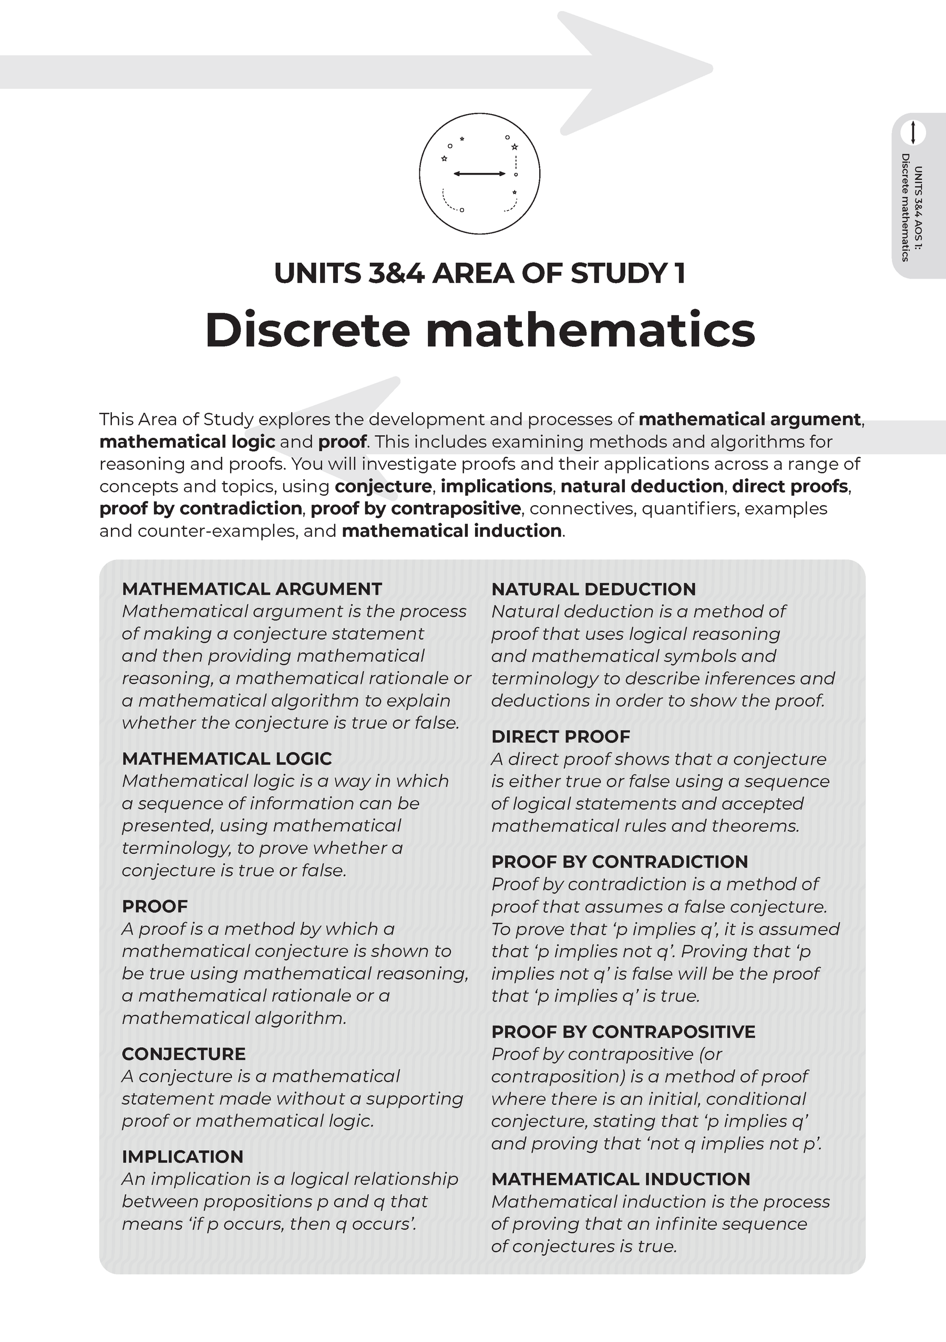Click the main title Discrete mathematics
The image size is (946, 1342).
[480, 330]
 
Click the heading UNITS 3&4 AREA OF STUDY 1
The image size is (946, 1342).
[480, 273]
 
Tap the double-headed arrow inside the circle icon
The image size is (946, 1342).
[479, 173]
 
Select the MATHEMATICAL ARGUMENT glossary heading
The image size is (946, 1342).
[252, 589]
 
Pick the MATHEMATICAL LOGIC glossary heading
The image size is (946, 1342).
[227, 758]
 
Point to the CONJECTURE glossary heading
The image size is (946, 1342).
[183, 1054]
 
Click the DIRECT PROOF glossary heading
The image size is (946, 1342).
[561, 736]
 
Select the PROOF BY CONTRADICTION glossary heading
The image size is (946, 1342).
[620, 862]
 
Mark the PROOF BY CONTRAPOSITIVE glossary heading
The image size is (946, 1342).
[623, 1032]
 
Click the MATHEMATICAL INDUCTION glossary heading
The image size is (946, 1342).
[621, 1179]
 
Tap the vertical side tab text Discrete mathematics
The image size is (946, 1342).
[905, 207]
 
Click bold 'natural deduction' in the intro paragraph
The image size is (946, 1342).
[642, 486]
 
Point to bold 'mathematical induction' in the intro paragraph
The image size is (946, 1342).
[451, 531]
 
